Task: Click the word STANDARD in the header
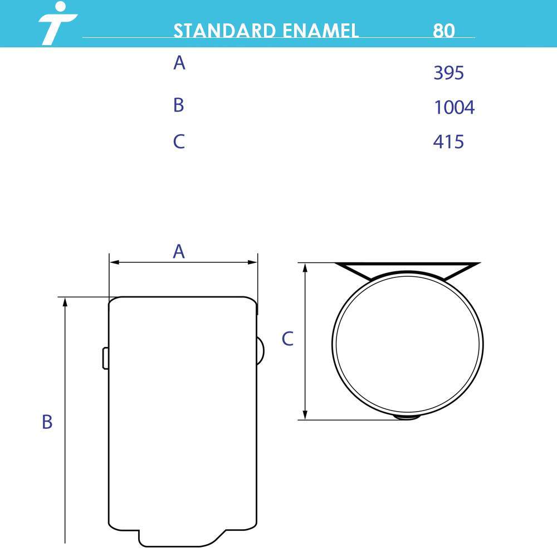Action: coord(224,31)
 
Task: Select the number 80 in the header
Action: coord(444,31)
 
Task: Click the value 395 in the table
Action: coord(448,73)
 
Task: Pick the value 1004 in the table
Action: coord(455,108)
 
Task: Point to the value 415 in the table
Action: coord(448,141)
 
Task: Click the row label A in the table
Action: coord(179,63)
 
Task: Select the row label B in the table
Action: coord(179,105)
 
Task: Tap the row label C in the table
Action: coord(179,141)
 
